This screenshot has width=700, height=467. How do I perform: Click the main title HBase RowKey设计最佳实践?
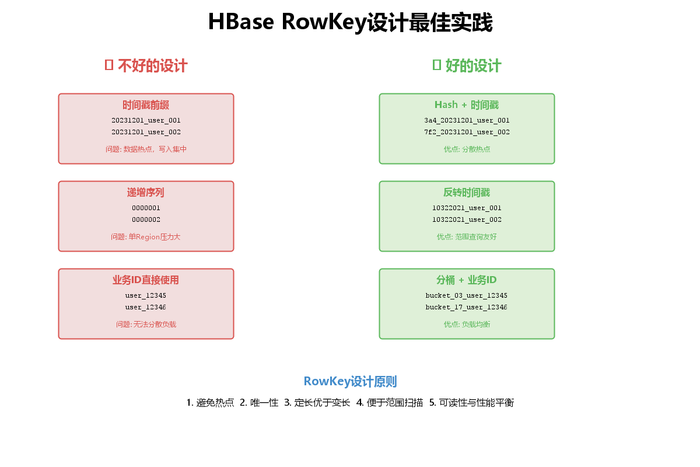pos(350,23)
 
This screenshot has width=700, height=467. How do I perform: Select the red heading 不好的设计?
pos(146,65)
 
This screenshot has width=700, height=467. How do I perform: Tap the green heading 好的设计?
pos(467,65)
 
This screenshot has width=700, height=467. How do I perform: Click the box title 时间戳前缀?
pos(146,105)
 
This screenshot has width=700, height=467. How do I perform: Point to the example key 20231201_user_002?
pos(146,132)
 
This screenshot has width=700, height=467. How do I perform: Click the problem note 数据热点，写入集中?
pos(146,149)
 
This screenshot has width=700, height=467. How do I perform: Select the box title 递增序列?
pos(146,193)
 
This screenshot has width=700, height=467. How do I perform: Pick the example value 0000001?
pos(146,208)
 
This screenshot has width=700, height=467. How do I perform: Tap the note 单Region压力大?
pos(146,236)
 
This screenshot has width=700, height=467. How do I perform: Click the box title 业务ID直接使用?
pos(146,280)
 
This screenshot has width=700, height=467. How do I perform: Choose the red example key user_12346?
pos(146,307)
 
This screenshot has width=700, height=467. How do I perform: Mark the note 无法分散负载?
pos(146,324)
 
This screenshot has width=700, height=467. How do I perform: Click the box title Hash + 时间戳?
pos(467,105)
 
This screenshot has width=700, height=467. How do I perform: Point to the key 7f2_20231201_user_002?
pos(467,132)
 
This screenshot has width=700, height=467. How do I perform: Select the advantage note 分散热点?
pos(467,149)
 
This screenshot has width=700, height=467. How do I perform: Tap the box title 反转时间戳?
pos(467,193)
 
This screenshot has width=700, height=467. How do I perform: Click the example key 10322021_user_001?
pos(467,208)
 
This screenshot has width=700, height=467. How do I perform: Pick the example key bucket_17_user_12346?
pos(467,307)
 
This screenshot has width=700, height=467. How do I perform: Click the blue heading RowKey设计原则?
pos(350,382)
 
